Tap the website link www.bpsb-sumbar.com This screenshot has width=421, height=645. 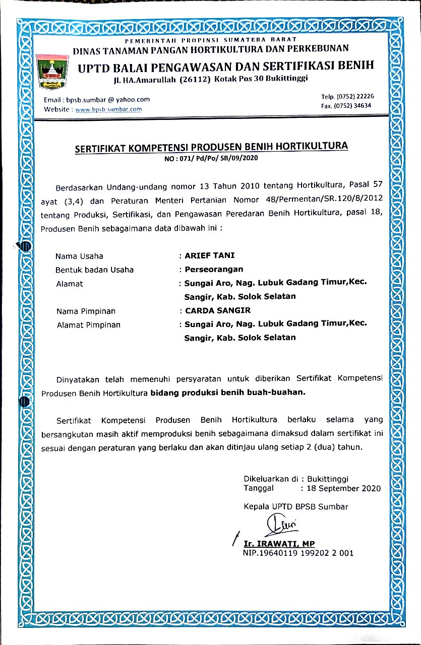[x=108, y=109]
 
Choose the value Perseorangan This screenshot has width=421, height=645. [x=214, y=269]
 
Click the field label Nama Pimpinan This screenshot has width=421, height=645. [x=86, y=311]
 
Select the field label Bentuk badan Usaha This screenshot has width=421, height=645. [x=94, y=270]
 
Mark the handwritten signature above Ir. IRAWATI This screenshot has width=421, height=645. [x=280, y=526]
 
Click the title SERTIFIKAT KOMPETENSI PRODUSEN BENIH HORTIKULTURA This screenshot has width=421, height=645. [x=211, y=147]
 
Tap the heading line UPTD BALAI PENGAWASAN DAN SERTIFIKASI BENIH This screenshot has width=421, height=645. [x=225, y=66]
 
